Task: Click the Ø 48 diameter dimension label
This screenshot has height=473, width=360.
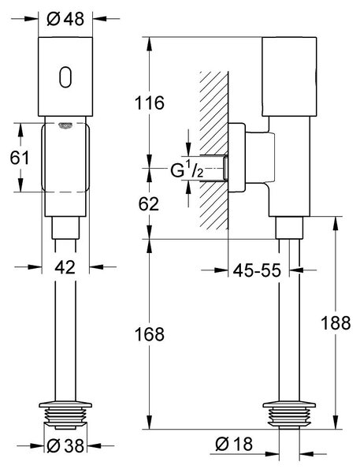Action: [65, 19]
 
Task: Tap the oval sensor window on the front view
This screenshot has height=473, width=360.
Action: [65, 77]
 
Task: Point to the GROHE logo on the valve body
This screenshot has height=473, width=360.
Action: [65, 125]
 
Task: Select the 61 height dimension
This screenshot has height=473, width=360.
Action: [20, 158]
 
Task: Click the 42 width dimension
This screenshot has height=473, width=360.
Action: [65, 267]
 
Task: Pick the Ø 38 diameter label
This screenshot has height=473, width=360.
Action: [65, 445]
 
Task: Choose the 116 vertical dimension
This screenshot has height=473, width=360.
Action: [150, 102]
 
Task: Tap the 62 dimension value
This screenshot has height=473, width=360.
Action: [149, 204]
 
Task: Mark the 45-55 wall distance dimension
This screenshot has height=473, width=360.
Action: [257, 270]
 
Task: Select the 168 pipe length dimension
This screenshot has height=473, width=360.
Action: [150, 334]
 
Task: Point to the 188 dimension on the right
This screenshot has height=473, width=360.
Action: [336, 322]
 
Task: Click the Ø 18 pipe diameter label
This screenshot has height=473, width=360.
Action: [234, 444]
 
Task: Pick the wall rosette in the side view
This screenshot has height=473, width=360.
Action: [236, 158]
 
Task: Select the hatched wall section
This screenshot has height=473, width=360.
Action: [214, 151]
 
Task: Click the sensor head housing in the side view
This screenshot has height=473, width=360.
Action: [289, 76]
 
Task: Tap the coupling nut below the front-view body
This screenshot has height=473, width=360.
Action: [65, 228]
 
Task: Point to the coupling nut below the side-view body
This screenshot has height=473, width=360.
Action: [289, 228]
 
